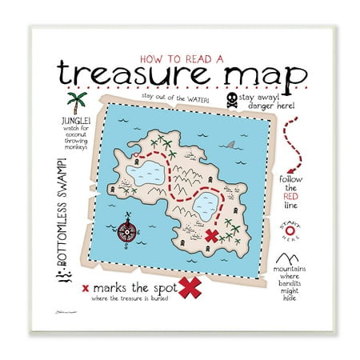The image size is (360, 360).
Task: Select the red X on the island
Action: pyautogui.click(x=212, y=234)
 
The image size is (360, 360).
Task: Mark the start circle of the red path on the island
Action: pyautogui.click(x=137, y=154)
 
